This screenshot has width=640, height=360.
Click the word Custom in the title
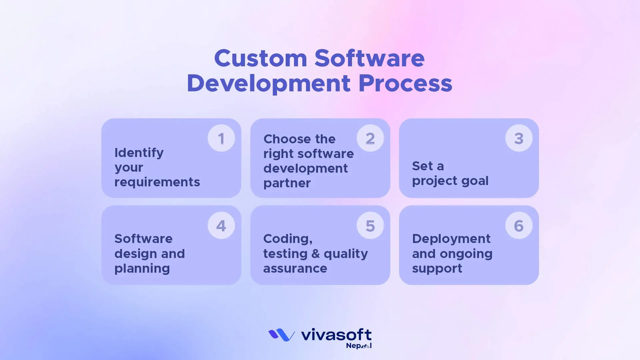(260, 58)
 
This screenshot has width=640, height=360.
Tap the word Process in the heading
(405, 83)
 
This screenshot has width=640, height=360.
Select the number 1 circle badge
(221, 138)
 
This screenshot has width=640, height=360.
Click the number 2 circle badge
(370, 138)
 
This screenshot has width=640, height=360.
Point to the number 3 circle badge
(519, 138)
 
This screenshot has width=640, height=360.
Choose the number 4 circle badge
(221, 226)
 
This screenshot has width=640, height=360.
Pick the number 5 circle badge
(370, 226)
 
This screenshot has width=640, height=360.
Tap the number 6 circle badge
(519, 226)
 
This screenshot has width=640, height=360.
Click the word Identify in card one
(139, 153)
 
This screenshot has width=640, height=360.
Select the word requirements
(157, 182)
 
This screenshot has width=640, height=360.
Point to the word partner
(287, 183)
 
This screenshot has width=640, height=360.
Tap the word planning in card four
(142, 268)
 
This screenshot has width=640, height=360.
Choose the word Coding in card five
(287, 239)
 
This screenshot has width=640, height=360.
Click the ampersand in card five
(315, 254)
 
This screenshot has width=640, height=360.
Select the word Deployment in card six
(451, 239)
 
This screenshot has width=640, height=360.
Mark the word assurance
(295, 268)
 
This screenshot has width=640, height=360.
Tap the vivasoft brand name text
(336, 334)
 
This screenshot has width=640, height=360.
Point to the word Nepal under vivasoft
(358, 346)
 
